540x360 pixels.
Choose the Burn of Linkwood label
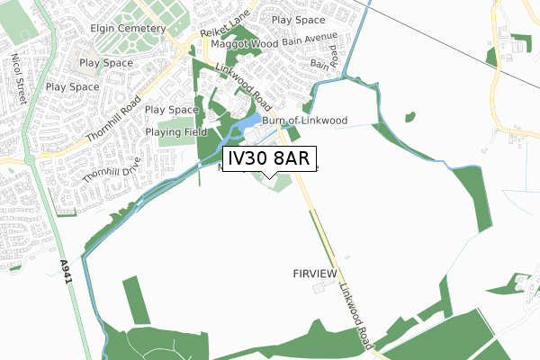tap(305, 121)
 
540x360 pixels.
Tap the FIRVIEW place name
tap(313, 273)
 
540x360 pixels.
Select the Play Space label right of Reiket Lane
tap(298, 19)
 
